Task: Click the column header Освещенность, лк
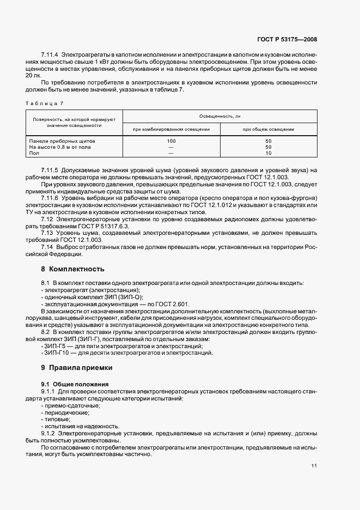click(x=219, y=116)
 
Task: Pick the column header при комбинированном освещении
click(x=171, y=129)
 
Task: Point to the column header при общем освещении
click(x=269, y=129)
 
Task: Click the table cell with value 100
click(x=171, y=141)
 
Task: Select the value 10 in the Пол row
click(x=269, y=153)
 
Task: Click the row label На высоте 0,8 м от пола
click(x=60, y=147)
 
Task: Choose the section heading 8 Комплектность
click(x=73, y=269)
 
